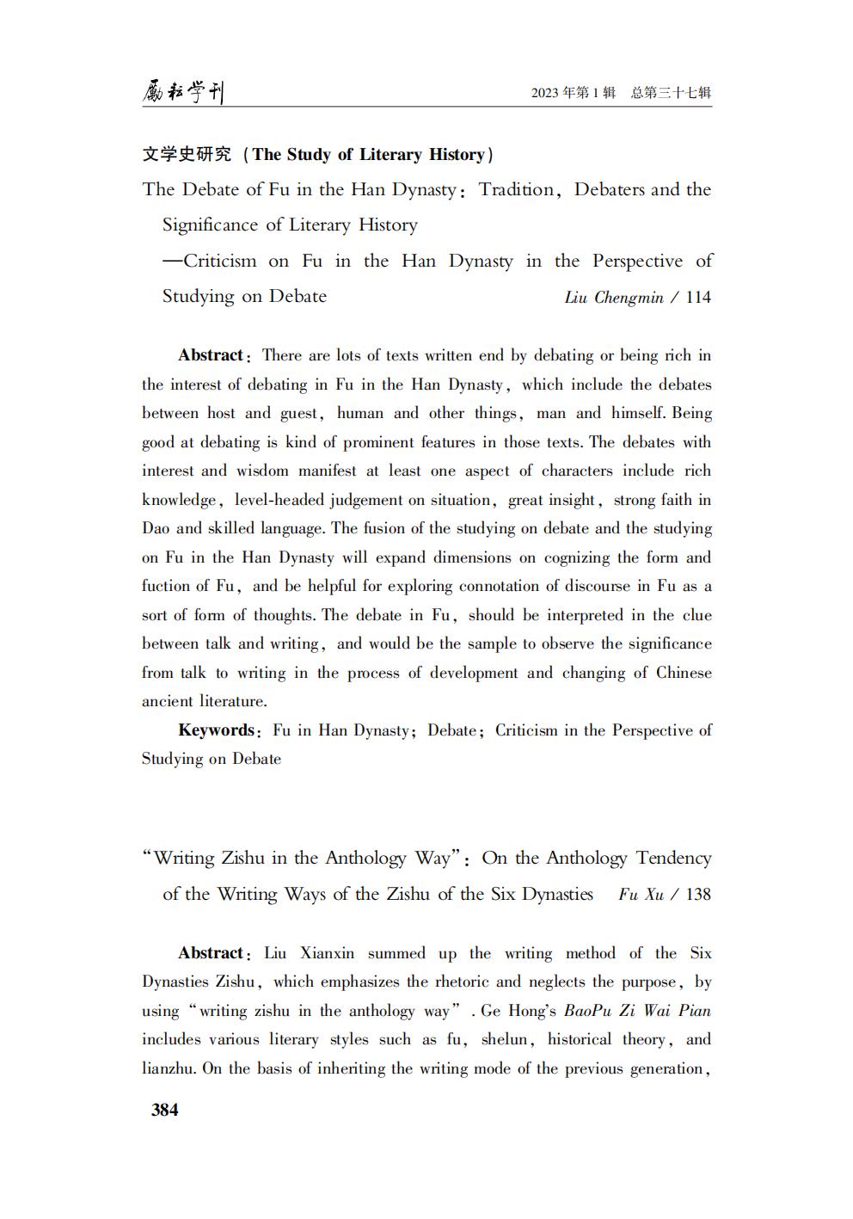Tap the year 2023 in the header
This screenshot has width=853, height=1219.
point(545,93)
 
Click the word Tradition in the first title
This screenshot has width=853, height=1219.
point(516,189)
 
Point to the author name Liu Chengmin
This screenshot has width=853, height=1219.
point(614,298)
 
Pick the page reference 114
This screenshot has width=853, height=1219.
point(698,298)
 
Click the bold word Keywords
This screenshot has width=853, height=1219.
point(216,730)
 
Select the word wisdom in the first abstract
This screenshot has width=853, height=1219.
point(262,471)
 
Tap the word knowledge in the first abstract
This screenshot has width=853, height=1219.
point(178,500)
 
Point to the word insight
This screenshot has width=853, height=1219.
point(571,500)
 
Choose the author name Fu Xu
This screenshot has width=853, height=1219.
point(641,895)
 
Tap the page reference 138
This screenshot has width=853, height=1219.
point(698,895)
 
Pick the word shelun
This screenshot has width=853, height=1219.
point(504,1039)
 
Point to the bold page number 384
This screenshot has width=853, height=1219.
point(164,1110)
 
